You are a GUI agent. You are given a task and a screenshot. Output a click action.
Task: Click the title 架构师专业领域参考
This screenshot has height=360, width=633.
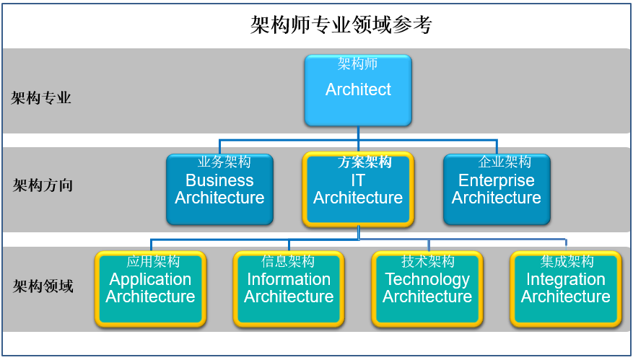point(341,25)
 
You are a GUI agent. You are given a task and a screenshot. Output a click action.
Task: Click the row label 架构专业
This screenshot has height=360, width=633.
point(41,98)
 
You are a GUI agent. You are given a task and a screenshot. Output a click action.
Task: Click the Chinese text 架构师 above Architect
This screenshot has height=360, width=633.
point(357,63)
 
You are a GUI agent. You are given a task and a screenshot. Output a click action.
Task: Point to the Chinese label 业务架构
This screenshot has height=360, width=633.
point(224,162)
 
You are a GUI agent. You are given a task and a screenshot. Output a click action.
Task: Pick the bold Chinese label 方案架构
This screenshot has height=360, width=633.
point(364,162)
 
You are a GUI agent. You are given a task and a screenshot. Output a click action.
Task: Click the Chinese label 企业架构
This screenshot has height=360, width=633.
point(505,162)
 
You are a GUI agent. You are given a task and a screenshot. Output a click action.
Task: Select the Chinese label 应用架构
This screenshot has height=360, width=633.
point(153,261)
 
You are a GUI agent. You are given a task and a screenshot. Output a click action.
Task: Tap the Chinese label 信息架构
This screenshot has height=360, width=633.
point(288,261)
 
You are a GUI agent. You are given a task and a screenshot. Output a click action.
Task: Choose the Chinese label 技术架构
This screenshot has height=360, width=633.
point(428,261)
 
